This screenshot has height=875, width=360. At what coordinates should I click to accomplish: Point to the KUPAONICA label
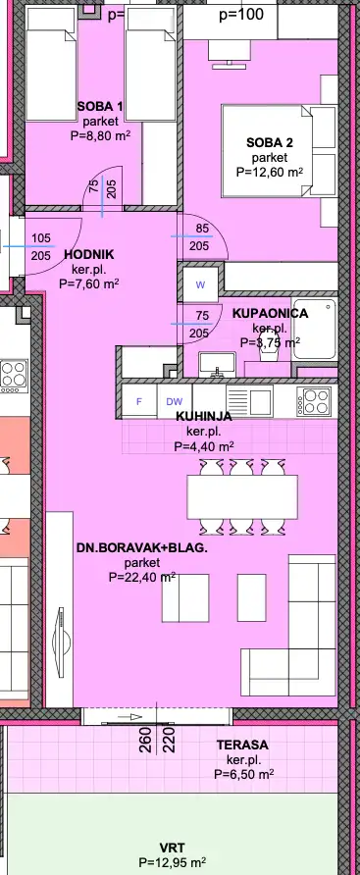point(271,313)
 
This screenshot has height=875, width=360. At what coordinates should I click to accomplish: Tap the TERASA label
point(242,746)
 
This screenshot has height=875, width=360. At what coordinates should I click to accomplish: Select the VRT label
point(172,847)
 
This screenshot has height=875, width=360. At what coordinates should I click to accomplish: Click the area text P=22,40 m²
point(142,578)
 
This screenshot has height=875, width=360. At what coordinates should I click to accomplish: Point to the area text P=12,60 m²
point(270,172)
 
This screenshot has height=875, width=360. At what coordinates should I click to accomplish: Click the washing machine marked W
point(200,285)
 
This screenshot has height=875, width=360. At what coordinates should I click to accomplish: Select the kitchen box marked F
point(138,401)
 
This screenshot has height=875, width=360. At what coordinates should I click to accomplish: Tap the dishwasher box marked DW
point(174,401)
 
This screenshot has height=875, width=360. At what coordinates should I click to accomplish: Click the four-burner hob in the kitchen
point(315,400)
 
